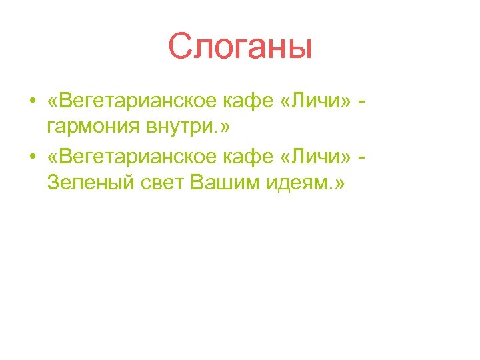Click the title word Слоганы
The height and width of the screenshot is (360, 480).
240,47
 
